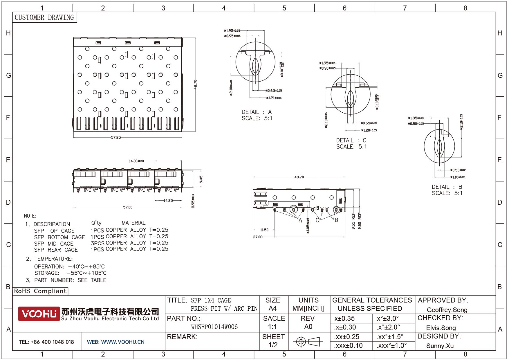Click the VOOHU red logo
click(39, 314)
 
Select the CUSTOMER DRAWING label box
click(44, 17)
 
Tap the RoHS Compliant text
click(40, 291)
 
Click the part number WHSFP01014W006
click(214, 327)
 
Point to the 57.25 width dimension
click(116, 137)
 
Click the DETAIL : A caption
click(257, 112)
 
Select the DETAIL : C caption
click(351, 141)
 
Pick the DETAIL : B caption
click(447, 187)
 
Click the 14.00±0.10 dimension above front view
click(136, 161)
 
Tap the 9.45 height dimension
click(201, 179)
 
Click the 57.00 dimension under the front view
click(128, 207)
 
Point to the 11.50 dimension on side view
click(264, 230)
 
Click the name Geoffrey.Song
click(447, 310)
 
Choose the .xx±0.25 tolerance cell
click(347, 337)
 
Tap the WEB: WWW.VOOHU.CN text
click(115, 342)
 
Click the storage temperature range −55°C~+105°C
click(86, 273)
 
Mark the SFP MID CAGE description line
click(54, 244)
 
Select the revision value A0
click(308, 327)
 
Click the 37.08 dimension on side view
click(258, 237)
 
